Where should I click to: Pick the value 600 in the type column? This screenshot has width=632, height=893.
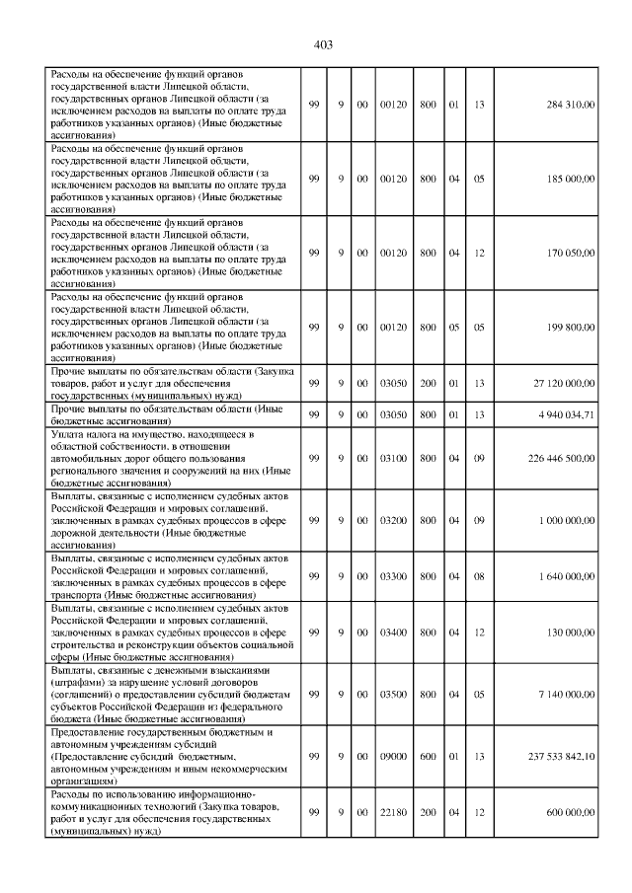click(429, 757)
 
